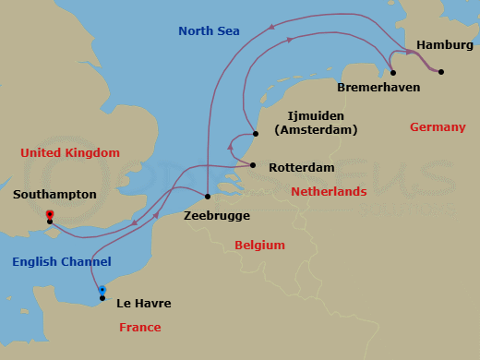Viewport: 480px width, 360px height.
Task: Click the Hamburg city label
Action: (444, 44)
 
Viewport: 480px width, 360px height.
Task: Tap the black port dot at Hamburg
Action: (441, 72)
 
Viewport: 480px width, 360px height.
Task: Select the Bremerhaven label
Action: (378, 87)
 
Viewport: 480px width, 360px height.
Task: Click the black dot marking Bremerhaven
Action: (393, 72)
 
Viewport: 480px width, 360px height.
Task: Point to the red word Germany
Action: (438, 126)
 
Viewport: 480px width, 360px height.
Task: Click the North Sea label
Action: (209, 31)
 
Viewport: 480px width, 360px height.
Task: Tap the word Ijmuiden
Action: (316, 115)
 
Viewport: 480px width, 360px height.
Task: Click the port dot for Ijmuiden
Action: (255, 133)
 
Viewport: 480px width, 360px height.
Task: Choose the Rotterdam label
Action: (302, 169)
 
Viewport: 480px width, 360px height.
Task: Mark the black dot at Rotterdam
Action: (252, 165)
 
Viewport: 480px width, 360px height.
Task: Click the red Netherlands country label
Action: (329, 191)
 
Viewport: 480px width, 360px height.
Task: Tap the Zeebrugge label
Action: (217, 215)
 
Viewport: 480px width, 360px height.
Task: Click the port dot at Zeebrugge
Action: (208, 197)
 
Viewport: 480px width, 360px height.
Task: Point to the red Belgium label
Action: (259, 245)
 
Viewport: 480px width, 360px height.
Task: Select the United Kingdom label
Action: (70, 152)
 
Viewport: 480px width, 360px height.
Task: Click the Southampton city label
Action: (54, 195)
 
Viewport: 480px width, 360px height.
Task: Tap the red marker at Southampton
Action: (49, 215)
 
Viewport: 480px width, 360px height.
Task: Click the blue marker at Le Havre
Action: (102, 290)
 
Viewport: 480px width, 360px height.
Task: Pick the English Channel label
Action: (62, 261)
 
